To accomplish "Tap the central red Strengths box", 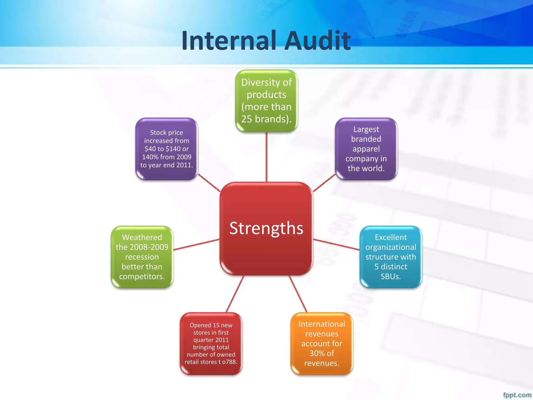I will coord(266,228).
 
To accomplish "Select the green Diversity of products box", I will coord(266,101).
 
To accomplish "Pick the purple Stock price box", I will coord(167,149).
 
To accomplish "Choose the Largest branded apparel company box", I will coord(366,149).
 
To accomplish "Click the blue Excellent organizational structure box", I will coord(391,257).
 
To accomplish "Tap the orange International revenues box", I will coord(322,343).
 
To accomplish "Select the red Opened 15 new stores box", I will coord(211,343).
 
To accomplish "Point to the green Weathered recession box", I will coord(142,257).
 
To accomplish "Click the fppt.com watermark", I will coord(517,395).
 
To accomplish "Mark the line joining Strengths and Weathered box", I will coord(196,245).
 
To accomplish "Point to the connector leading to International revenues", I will coord(298,294).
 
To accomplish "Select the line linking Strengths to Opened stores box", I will coord(235,294).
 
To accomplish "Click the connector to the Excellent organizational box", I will coord(336,245).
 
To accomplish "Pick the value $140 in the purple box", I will coord(173,149).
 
